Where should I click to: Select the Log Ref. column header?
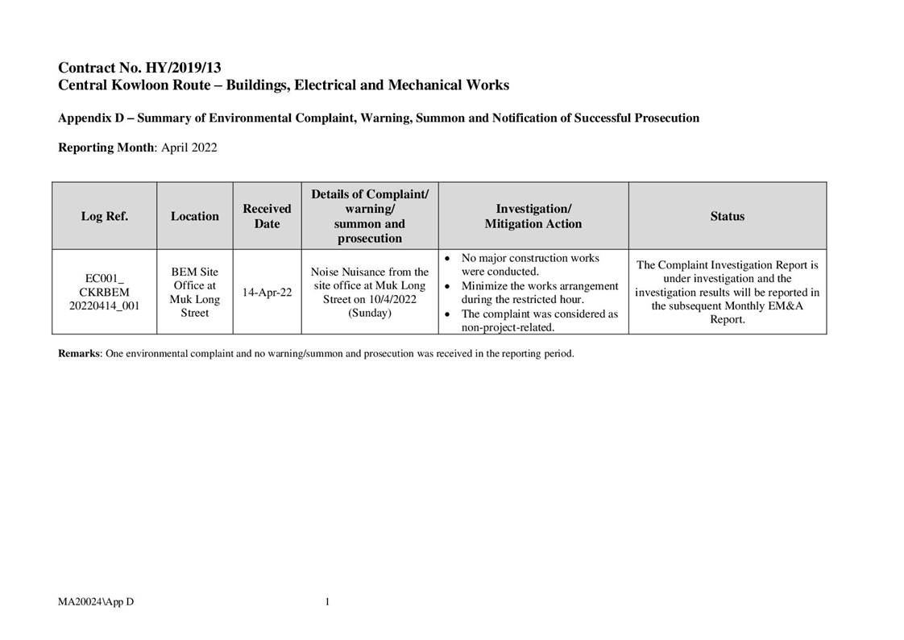point(105,216)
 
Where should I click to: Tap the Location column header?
point(194,216)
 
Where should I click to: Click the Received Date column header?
point(267,216)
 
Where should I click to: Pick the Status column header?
point(727,216)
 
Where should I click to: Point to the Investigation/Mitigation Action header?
point(533,216)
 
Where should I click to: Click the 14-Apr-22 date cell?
point(267,293)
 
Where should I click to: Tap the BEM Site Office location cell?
point(194,292)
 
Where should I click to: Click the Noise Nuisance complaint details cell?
point(370,292)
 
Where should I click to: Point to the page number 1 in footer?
point(327,601)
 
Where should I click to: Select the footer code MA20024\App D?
point(95,601)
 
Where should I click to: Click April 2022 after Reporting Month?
point(189,148)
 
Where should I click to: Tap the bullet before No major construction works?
point(448,258)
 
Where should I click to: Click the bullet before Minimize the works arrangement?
point(448,286)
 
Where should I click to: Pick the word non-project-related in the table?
point(508,327)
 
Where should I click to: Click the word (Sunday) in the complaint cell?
point(370,314)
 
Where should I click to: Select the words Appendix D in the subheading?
point(90,118)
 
